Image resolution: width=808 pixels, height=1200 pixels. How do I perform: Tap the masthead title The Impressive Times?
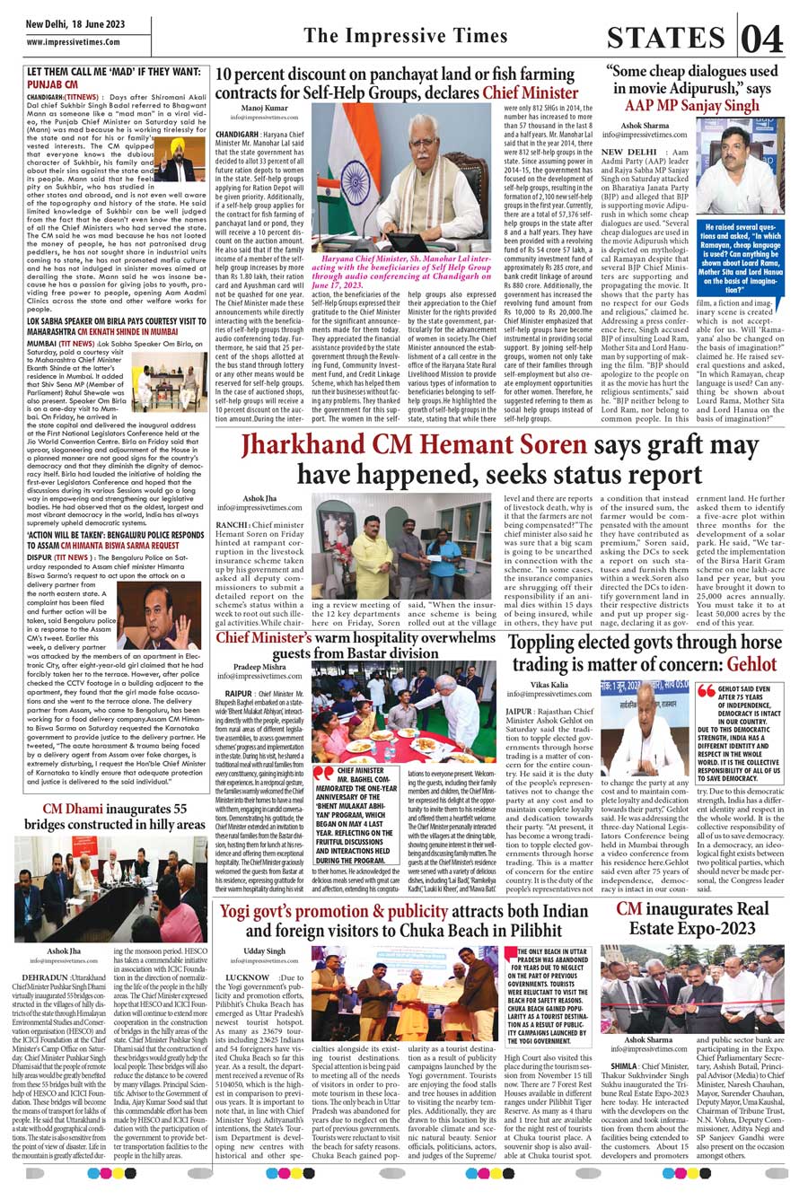405,36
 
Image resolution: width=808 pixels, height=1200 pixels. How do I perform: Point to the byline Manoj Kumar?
265,107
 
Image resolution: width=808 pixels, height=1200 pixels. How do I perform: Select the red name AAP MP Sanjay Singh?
693,104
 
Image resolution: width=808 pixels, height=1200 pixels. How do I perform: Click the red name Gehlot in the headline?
751,664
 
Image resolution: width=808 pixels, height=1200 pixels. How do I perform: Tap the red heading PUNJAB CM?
56,83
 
